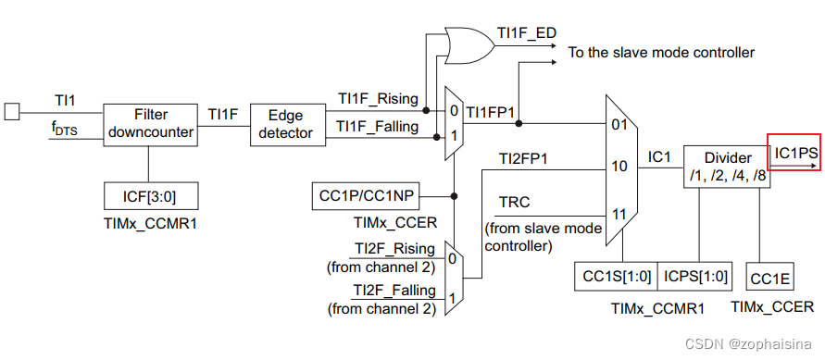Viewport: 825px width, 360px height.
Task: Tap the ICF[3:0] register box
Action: tap(150, 195)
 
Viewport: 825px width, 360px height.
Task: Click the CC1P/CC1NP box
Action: tap(366, 196)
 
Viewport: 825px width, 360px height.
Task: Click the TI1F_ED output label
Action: tap(527, 33)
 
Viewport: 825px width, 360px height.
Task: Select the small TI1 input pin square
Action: tap(11, 112)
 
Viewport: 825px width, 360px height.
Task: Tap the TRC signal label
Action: tap(514, 203)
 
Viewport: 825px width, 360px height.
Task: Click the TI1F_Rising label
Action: tap(377, 98)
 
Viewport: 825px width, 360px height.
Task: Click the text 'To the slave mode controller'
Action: tap(661, 53)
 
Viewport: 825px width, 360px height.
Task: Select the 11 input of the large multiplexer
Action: tap(619, 214)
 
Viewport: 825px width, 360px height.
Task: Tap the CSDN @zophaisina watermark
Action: tap(753, 344)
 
